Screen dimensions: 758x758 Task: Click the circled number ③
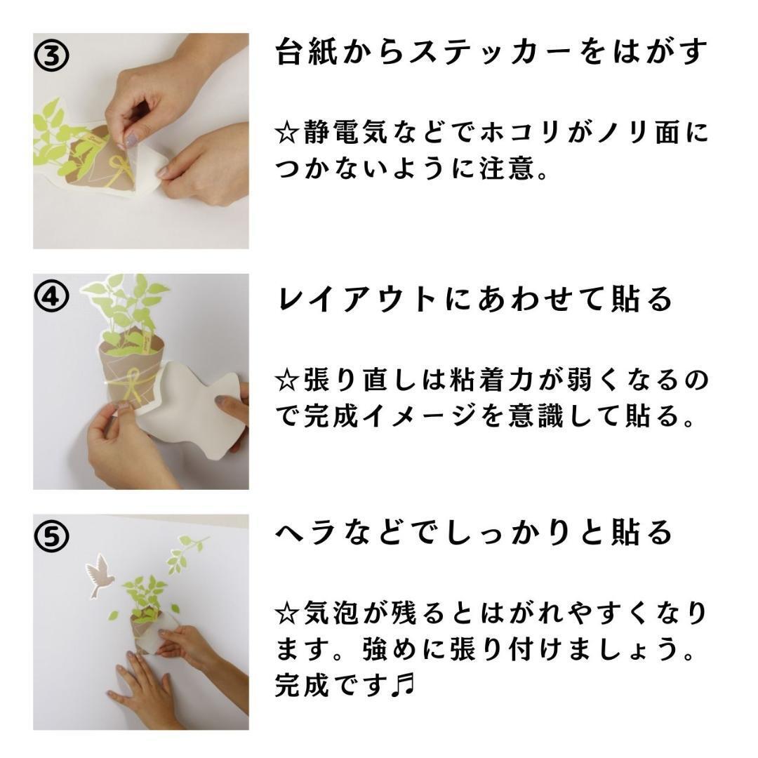click(51, 55)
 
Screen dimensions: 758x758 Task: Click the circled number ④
click(51, 297)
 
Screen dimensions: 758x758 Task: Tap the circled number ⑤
click(51, 536)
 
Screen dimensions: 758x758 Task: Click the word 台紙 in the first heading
click(307, 52)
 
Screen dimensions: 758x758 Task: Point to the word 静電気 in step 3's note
click(345, 131)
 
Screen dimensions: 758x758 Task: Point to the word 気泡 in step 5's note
click(331, 613)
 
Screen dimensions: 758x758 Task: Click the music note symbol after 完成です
click(403, 686)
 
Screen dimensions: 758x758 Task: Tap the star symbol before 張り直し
click(287, 380)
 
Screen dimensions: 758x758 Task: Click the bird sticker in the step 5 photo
click(99, 576)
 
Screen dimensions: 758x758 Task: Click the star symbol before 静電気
click(287, 131)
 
